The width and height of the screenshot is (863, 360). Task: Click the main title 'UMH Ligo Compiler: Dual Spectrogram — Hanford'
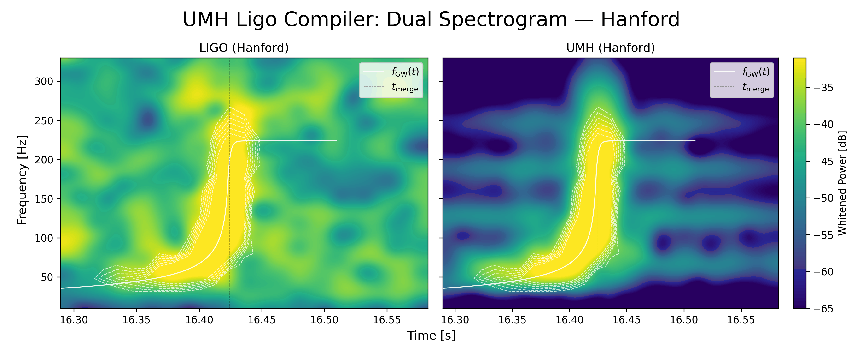coord(431,19)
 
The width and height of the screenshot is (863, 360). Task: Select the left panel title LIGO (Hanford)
coord(244,48)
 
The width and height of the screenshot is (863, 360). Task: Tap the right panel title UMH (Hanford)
coord(610,48)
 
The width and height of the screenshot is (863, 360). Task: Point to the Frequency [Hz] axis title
coord(22,180)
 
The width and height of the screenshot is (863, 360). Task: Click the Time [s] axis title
coord(431,336)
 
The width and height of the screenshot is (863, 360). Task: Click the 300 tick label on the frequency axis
coord(44,82)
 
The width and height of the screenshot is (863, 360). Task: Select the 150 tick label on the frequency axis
coord(44,199)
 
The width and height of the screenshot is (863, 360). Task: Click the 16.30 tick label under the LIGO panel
coord(74,320)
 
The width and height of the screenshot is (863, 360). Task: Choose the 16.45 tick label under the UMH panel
coord(626,320)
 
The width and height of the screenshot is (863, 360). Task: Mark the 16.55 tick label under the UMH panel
coord(741,320)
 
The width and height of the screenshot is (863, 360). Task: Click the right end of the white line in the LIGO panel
coord(336,141)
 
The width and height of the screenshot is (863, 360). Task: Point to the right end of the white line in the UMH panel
coord(695,141)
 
